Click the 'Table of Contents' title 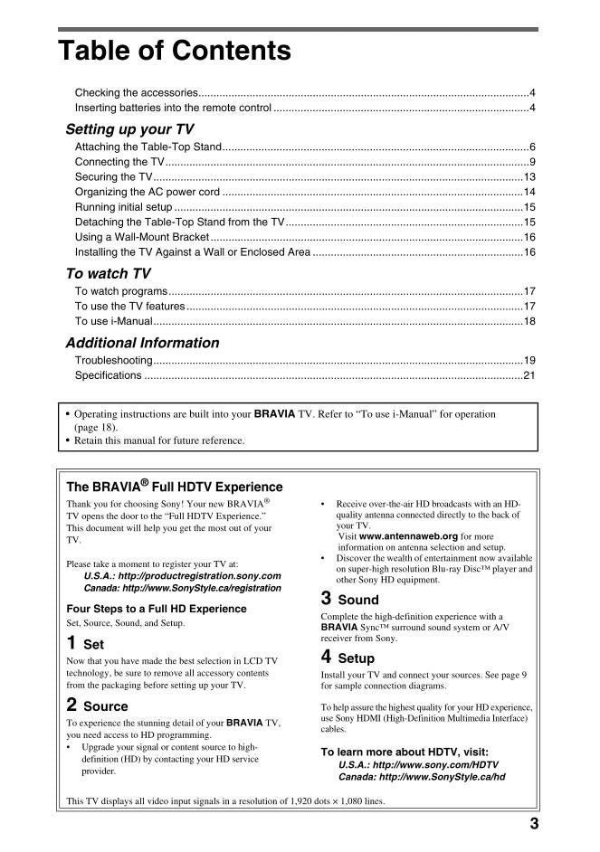[174, 51]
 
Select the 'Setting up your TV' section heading [129, 129]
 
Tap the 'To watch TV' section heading [108, 273]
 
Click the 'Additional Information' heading [142, 343]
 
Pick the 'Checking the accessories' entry [137, 93]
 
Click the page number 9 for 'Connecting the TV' [532, 162]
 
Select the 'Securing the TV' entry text [113, 177]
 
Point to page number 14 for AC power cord [529, 192]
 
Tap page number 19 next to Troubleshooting [529, 360]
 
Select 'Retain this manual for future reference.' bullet [159, 440]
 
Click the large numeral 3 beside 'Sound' [326, 598]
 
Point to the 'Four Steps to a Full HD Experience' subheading [157, 609]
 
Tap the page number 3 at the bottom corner [534, 823]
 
